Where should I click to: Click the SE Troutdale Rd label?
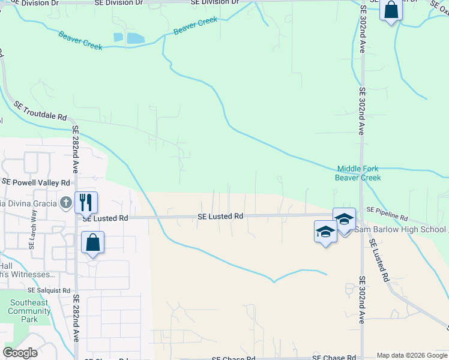(40, 112)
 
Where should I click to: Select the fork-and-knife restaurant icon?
(86, 202)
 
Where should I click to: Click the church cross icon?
(66, 202)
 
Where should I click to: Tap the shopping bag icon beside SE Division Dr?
(391, 10)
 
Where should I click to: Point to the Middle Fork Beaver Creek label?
(359, 173)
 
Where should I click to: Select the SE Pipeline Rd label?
(387, 213)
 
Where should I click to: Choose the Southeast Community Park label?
(29, 311)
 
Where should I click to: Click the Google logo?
(20, 353)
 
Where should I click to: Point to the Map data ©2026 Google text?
(412, 355)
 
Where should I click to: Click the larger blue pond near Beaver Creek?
(136, 38)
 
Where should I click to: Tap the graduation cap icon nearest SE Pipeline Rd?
(345, 219)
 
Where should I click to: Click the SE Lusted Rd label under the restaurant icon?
(106, 219)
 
